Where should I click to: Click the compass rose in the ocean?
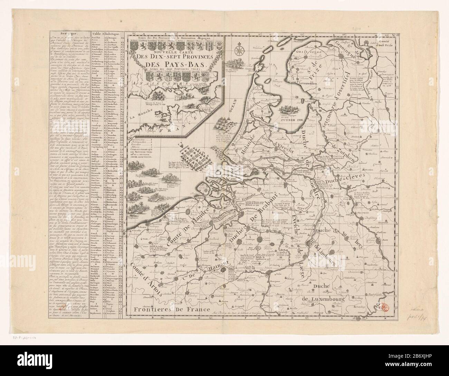coord(238,50)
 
